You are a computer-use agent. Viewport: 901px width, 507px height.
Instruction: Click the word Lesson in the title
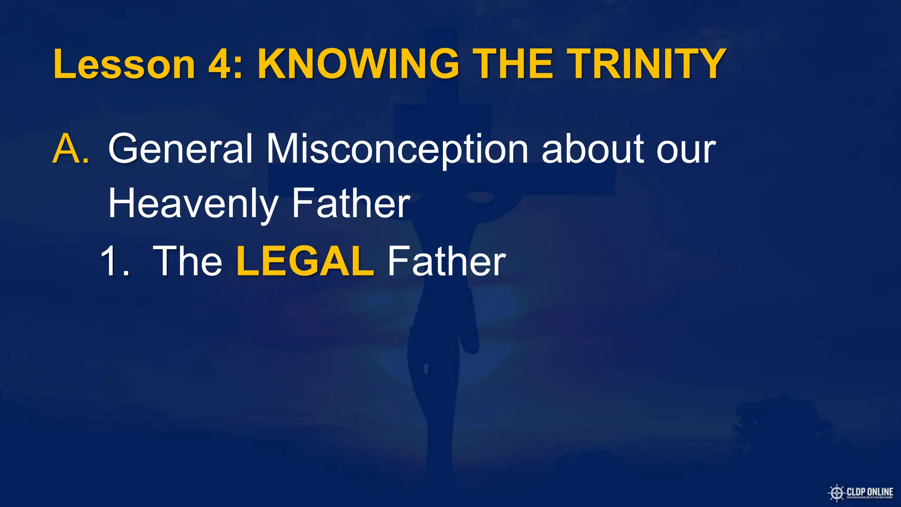[x=124, y=64]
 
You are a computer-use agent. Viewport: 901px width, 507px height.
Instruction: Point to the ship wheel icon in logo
[x=836, y=492]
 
